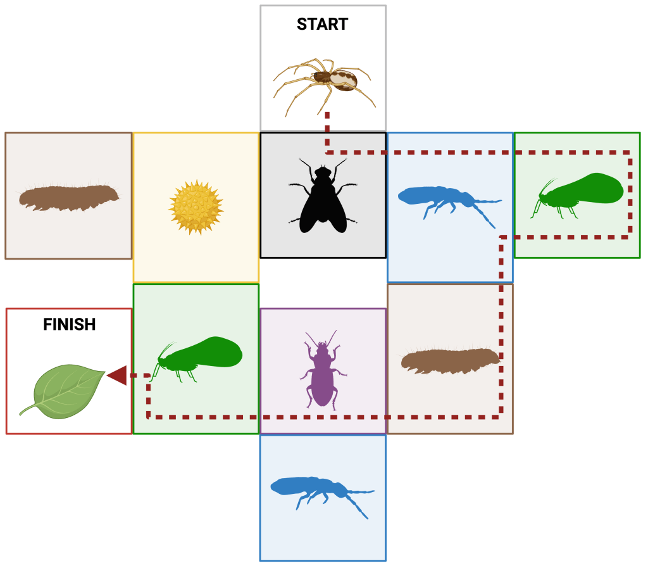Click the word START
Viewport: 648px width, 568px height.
tap(322, 25)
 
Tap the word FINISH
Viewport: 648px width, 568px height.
tap(69, 325)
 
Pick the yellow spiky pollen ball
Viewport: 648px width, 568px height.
tap(196, 207)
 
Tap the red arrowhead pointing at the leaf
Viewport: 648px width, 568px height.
tap(117, 376)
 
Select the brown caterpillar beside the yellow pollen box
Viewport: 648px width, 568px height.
tap(68, 196)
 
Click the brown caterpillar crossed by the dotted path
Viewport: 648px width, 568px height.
tap(450, 360)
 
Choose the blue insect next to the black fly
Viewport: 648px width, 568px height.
tap(446, 199)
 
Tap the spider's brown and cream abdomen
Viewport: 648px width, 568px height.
tap(344, 80)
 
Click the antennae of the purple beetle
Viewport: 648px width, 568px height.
tap(321, 338)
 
